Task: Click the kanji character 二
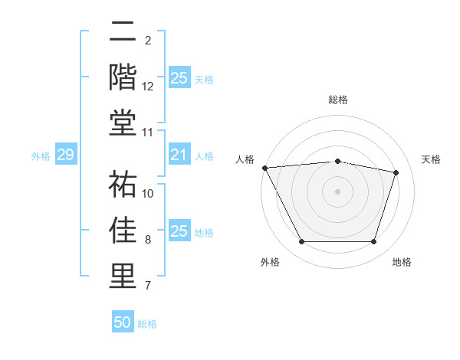[123, 33]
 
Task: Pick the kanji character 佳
[123, 230]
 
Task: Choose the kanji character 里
[123, 275]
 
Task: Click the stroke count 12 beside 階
[148, 86]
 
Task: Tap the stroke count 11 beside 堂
[148, 133]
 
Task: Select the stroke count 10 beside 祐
[148, 193]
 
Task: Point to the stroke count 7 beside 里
[148, 286]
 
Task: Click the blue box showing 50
[123, 322]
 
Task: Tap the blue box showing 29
[65, 155]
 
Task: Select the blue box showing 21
[179, 155]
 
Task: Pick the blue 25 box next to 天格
[179, 78]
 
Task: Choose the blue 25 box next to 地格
[179, 231]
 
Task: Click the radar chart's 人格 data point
[264, 168]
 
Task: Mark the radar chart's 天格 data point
[396, 172]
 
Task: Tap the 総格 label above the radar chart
[337, 100]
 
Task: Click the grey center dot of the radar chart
[337, 191]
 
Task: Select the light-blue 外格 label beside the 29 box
[41, 156]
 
